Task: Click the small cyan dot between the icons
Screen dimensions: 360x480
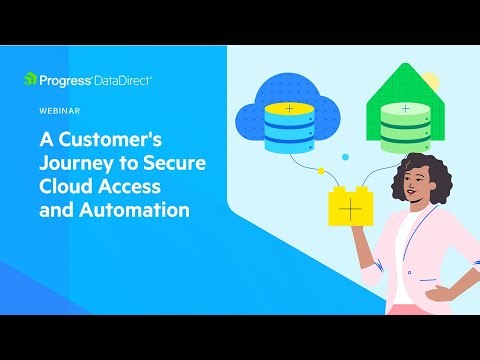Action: [344, 158]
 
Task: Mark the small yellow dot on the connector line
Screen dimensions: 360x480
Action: [320, 171]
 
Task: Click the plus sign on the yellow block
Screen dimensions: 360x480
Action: [350, 210]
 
